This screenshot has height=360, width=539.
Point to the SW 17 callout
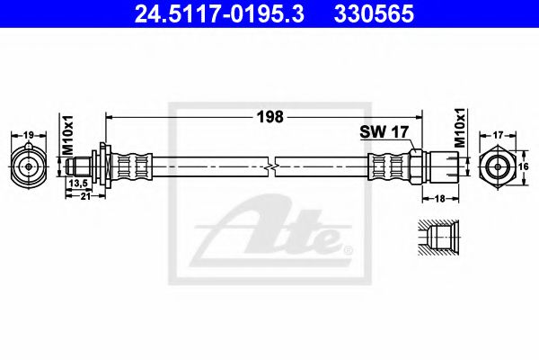[x=384, y=131]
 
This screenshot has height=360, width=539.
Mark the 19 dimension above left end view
[x=29, y=135]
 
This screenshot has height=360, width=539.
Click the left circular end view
[x=29, y=166]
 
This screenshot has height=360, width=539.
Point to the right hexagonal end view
[x=499, y=166]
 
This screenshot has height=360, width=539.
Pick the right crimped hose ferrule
[x=388, y=166]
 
